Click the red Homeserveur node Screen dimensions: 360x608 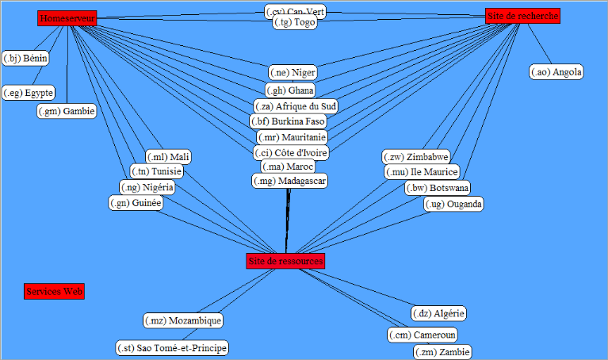(67, 18)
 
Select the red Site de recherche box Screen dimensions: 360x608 (522, 16)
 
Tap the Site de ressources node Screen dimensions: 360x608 (285, 261)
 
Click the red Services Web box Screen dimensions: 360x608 (55, 292)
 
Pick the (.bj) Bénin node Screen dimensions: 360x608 (25, 58)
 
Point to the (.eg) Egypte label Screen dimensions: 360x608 (28, 93)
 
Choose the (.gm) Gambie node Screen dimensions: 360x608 (67, 111)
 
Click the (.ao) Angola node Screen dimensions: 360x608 (556, 72)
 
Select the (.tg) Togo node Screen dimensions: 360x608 (295, 24)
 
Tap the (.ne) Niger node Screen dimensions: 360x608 (293, 73)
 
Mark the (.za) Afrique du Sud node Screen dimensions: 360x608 (296, 106)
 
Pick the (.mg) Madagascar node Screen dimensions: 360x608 (290, 182)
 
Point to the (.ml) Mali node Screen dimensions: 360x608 (169, 157)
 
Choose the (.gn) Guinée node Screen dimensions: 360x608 (136, 203)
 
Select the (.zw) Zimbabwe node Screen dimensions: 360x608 (416, 156)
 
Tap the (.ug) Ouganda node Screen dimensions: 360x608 (453, 204)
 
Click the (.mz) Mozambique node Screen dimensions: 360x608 (183, 320)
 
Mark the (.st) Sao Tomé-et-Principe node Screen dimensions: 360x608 (172, 348)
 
